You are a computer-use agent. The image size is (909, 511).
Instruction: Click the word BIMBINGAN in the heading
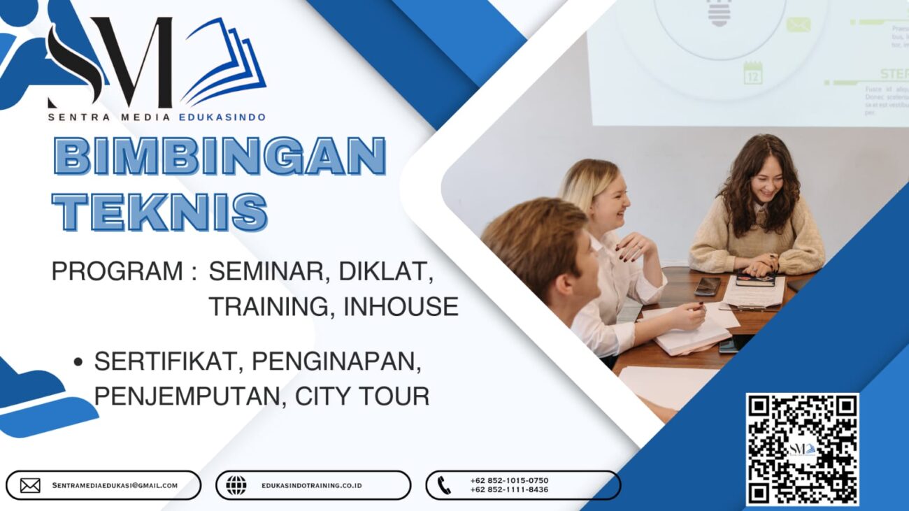220,156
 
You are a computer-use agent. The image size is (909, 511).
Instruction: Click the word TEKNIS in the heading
160,211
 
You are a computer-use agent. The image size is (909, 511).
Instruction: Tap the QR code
802,449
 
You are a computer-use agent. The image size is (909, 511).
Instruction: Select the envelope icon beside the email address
30,485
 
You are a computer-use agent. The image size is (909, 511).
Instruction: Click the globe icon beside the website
236,485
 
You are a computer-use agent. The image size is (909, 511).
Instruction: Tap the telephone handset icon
444,485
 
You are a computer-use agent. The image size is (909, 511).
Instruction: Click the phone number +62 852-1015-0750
509,480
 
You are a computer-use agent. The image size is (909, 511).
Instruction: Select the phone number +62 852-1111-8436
509,490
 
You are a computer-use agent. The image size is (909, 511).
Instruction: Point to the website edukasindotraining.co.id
312,485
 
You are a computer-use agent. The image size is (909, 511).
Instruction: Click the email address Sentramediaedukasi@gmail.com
115,485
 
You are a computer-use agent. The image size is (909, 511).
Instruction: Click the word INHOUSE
401,306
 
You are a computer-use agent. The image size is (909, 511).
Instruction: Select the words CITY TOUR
362,396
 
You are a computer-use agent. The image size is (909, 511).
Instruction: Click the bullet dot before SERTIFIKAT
78,362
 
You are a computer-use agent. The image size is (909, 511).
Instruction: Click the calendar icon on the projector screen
752,73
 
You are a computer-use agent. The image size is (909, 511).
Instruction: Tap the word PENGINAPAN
336,361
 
